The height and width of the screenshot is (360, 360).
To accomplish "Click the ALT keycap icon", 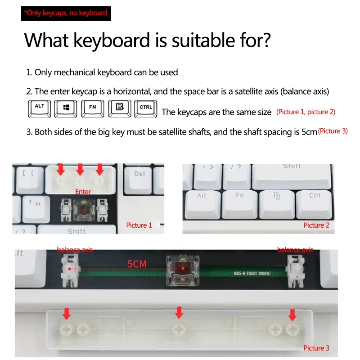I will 40,108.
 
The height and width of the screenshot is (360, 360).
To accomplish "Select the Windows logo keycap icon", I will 67,108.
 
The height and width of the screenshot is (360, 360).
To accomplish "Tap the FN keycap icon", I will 93,108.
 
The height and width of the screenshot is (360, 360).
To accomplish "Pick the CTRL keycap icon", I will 146,108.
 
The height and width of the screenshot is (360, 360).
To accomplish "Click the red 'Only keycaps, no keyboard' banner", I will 66,13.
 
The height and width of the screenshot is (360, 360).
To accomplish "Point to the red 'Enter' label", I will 83,192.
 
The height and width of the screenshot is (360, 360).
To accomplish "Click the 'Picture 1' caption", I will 139,225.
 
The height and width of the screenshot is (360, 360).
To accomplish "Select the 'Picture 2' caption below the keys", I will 316,225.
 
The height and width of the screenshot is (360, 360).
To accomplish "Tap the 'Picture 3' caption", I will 316,348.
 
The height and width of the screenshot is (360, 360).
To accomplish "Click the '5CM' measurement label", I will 137,264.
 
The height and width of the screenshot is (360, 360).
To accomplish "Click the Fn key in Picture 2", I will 239,202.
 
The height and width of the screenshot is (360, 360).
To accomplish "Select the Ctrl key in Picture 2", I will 315,202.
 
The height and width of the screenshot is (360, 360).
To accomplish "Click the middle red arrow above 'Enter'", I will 80,170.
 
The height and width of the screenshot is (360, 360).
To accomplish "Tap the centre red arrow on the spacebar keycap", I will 179,312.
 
